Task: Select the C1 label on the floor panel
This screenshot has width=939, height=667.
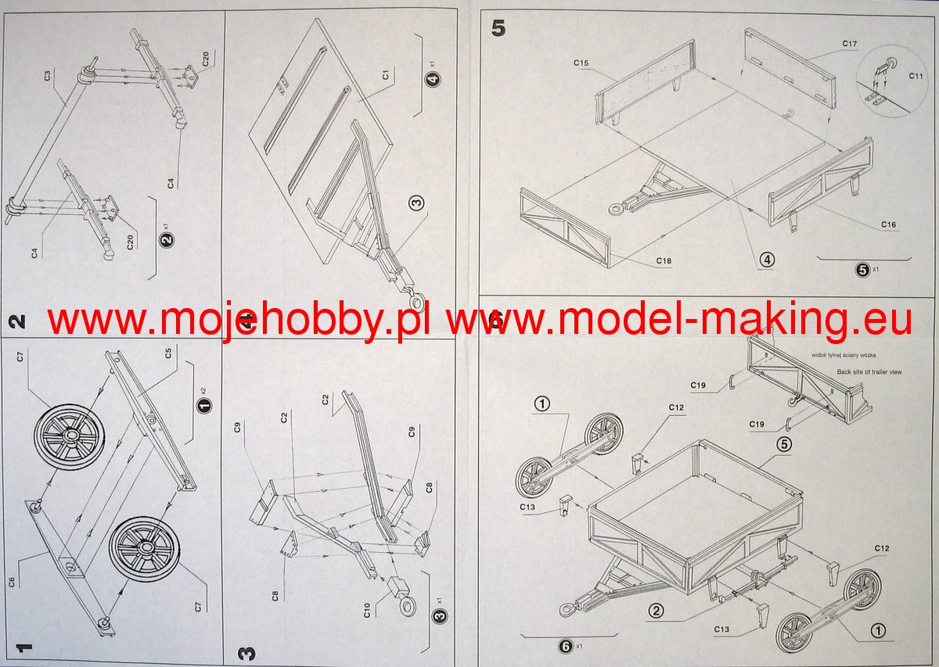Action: [386, 76]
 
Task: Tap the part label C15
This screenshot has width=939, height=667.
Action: [581, 62]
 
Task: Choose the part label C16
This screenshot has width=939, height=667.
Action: [887, 225]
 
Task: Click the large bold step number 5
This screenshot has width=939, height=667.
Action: [498, 28]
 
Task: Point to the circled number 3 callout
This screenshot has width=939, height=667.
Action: [416, 203]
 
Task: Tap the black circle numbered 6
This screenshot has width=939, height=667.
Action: [565, 645]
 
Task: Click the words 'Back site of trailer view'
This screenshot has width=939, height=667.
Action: [869, 372]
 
